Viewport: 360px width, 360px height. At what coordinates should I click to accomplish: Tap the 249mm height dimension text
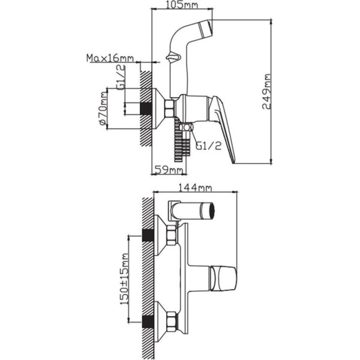[266, 92]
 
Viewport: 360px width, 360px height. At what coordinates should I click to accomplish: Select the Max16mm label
[110, 58]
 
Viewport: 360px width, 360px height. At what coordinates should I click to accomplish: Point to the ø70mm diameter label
[103, 109]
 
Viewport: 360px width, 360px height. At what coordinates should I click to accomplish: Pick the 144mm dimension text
[195, 188]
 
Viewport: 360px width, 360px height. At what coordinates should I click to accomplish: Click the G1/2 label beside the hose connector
[209, 146]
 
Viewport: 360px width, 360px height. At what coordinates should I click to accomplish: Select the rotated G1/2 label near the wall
[121, 77]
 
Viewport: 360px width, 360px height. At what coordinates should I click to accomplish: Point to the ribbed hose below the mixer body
[182, 140]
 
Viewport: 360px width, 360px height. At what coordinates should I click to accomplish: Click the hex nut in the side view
[170, 108]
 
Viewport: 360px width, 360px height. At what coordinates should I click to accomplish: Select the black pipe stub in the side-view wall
[146, 109]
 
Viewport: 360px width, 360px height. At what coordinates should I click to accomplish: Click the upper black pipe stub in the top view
[148, 235]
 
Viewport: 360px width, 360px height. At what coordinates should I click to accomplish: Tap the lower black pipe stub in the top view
[148, 322]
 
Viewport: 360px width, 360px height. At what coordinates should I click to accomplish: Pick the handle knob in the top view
[223, 278]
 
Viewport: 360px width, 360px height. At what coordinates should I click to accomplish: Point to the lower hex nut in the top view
[172, 322]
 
